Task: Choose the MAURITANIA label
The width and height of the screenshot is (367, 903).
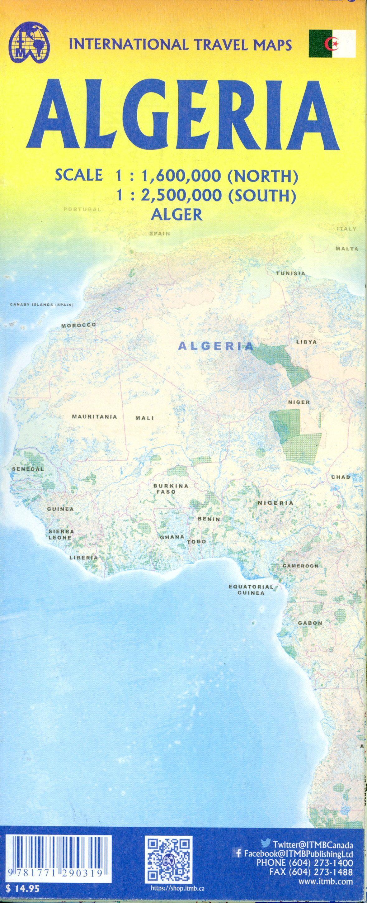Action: (94, 417)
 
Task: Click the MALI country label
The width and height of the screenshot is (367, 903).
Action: (145, 418)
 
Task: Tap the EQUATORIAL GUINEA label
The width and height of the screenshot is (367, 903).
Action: (251, 590)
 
